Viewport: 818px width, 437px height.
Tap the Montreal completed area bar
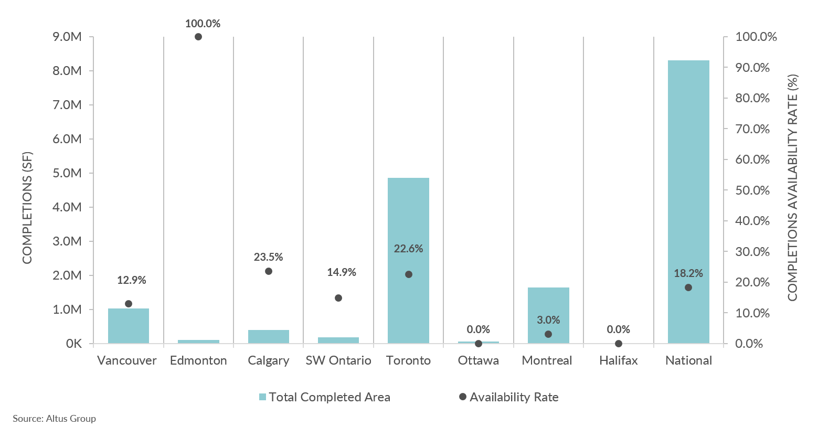point(548,315)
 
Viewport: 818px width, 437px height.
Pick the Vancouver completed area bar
point(129,326)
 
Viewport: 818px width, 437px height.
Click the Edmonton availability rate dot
point(198,37)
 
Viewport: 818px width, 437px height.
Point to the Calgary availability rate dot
point(269,271)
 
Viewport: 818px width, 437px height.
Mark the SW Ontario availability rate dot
point(338,298)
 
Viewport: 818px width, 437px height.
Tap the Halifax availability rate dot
point(619,344)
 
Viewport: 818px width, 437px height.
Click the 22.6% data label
point(408,249)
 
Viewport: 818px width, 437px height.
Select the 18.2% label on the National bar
point(688,273)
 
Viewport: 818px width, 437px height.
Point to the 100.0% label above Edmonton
point(203,24)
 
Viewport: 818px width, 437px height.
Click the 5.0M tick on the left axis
point(67,173)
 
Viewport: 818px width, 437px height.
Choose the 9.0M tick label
point(67,37)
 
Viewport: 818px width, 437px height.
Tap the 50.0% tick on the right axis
point(752,190)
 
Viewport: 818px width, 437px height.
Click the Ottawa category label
point(478,360)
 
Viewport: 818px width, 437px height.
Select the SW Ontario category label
point(338,360)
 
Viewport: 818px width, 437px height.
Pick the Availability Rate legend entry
point(508,397)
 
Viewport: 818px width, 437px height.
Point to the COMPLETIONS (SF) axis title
point(27,208)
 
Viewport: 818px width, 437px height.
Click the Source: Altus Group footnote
point(55,419)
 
